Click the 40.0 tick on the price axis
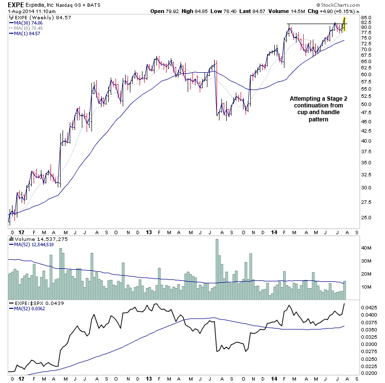tap(366, 141)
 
